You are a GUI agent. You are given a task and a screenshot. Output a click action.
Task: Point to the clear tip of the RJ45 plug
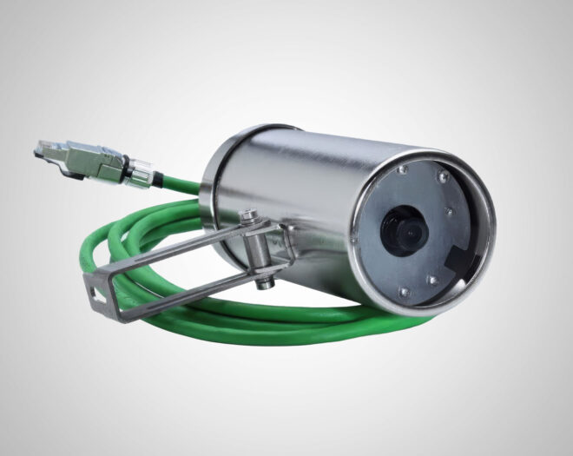pyautogui.click(x=43, y=147)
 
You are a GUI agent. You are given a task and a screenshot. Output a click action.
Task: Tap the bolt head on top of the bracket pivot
pyautogui.click(x=247, y=214)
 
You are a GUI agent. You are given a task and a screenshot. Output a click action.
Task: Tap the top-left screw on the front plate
pyautogui.click(x=398, y=171)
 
